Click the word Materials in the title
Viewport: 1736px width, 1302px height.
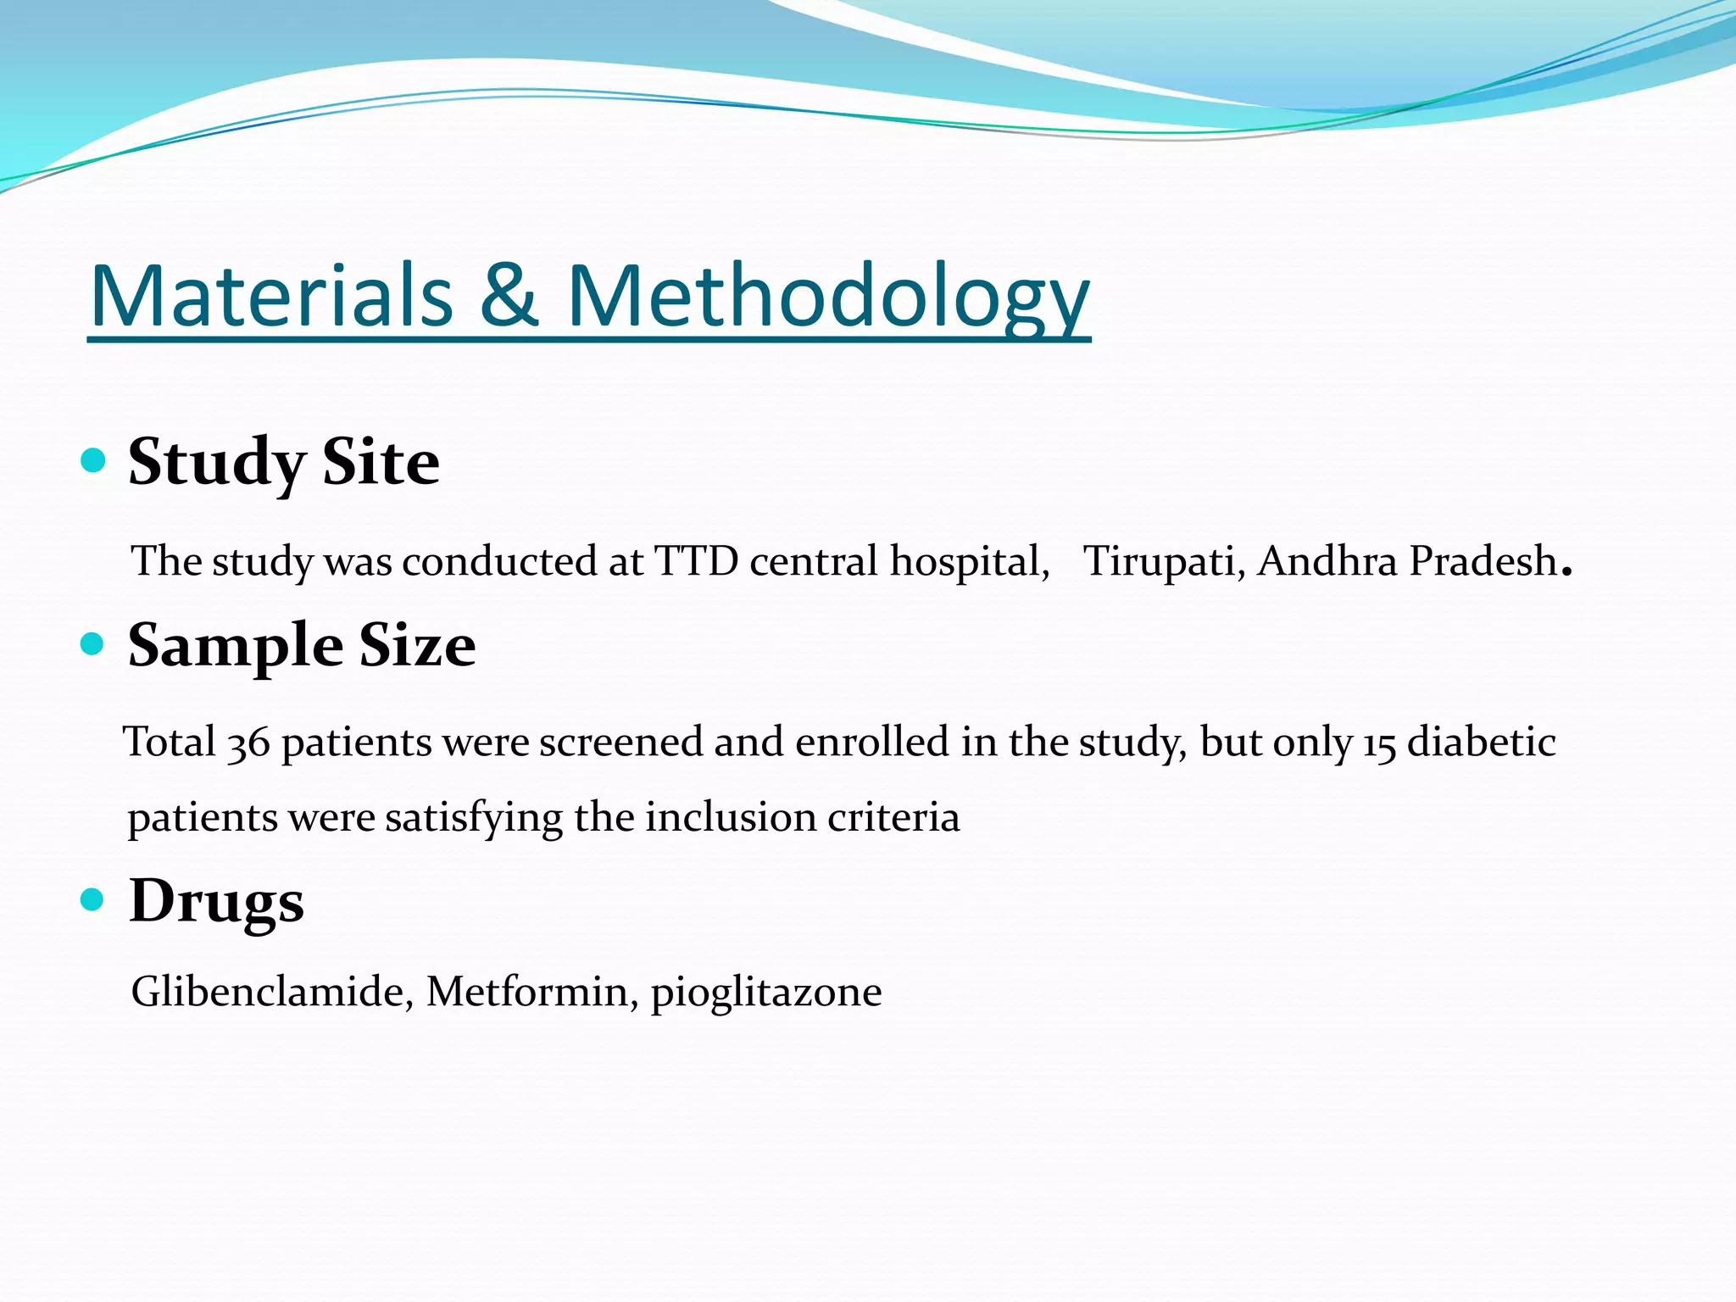pos(271,296)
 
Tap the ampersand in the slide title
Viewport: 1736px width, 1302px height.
pos(509,296)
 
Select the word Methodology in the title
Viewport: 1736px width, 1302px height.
pos(827,296)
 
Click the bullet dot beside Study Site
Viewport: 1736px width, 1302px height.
pos(92,461)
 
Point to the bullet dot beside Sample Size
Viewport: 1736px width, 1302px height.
pos(92,644)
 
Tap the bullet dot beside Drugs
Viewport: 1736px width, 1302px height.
pos(92,899)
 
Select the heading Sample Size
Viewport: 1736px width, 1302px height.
pos(301,645)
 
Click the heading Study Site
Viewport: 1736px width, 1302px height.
pos(283,463)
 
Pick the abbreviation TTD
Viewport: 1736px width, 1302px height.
pos(696,561)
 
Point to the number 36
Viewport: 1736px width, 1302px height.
pos(248,744)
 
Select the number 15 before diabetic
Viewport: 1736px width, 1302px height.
pos(1379,744)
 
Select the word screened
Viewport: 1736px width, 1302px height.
pos(620,743)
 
